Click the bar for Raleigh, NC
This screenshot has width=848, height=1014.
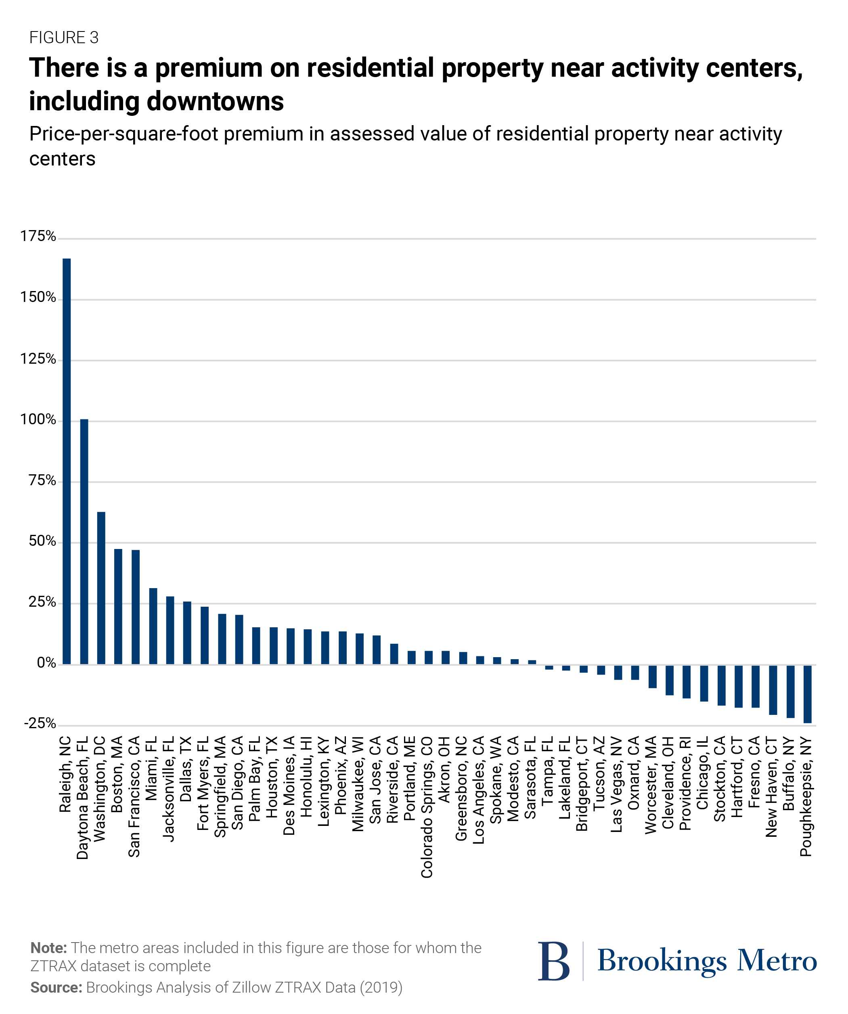point(67,461)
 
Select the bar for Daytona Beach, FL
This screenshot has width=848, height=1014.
point(84,541)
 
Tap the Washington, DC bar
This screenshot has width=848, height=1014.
point(101,588)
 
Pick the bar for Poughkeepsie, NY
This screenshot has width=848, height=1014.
point(807,694)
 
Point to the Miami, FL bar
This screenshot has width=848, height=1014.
point(153,626)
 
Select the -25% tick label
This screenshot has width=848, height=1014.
point(40,723)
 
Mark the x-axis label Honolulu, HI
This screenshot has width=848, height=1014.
point(307,776)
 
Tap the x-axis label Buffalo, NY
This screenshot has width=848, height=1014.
point(789,773)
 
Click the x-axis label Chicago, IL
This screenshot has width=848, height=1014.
point(702,773)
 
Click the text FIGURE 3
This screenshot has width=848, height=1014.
point(64,38)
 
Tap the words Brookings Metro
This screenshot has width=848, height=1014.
point(707,960)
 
